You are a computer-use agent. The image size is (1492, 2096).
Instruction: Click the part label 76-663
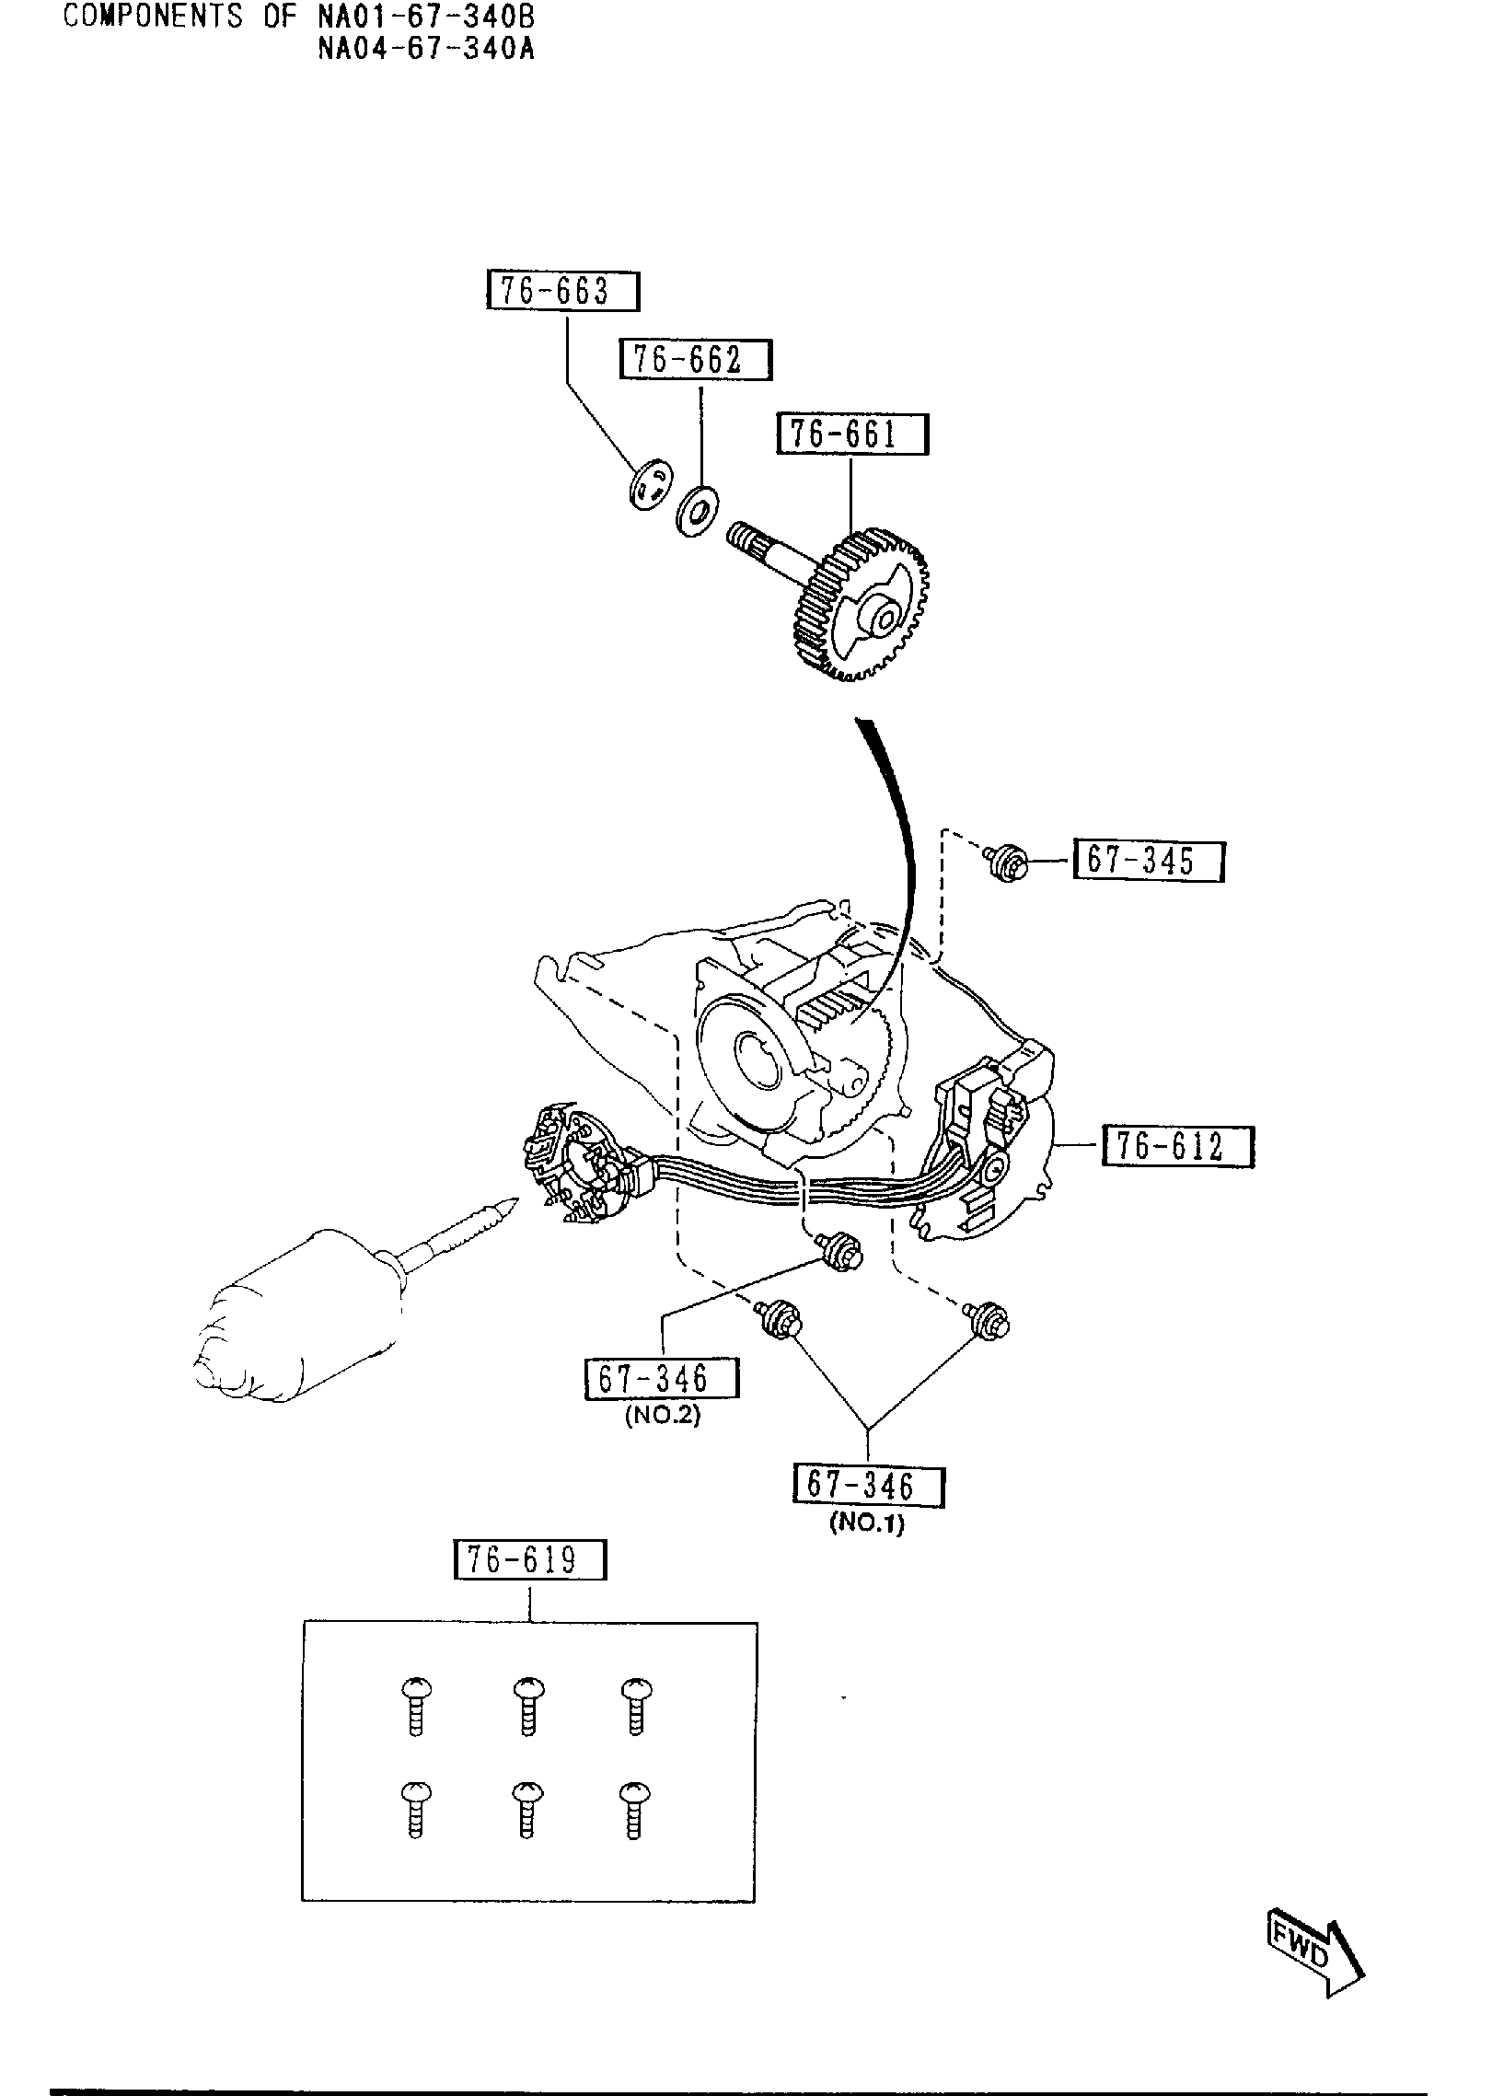click(x=562, y=292)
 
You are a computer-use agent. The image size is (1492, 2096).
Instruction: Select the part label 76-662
click(x=695, y=360)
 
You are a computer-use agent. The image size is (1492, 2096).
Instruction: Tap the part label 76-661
click(x=852, y=434)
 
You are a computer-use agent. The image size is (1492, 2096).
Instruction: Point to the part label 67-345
click(x=1148, y=861)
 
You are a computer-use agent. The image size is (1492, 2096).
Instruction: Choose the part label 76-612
click(x=1177, y=1147)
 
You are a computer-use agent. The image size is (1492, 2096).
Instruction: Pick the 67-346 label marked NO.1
click(x=868, y=1486)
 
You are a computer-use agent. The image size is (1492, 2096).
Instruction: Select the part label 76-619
click(x=530, y=1560)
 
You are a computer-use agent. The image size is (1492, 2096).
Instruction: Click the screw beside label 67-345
click(x=1007, y=863)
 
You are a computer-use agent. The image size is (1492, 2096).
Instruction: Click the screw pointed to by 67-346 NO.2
click(x=840, y=1253)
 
